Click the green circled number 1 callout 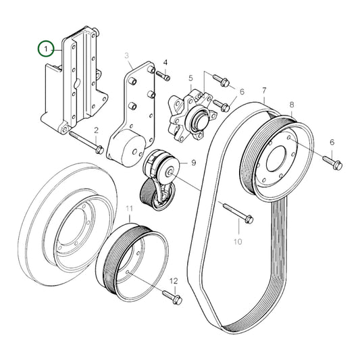(x=46, y=49)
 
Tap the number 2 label (x=97, y=130)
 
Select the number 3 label (x=126, y=55)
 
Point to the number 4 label (x=165, y=63)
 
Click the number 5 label (x=191, y=78)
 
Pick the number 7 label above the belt (x=264, y=90)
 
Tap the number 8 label (x=291, y=105)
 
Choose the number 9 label (x=192, y=163)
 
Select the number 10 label (x=237, y=240)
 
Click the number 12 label (x=173, y=280)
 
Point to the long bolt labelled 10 (x=236, y=213)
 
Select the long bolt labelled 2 (x=84, y=143)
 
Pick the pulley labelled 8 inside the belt (x=277, y=159)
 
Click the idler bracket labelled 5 (x=189, y=115)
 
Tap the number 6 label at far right (x=331, y=143)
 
